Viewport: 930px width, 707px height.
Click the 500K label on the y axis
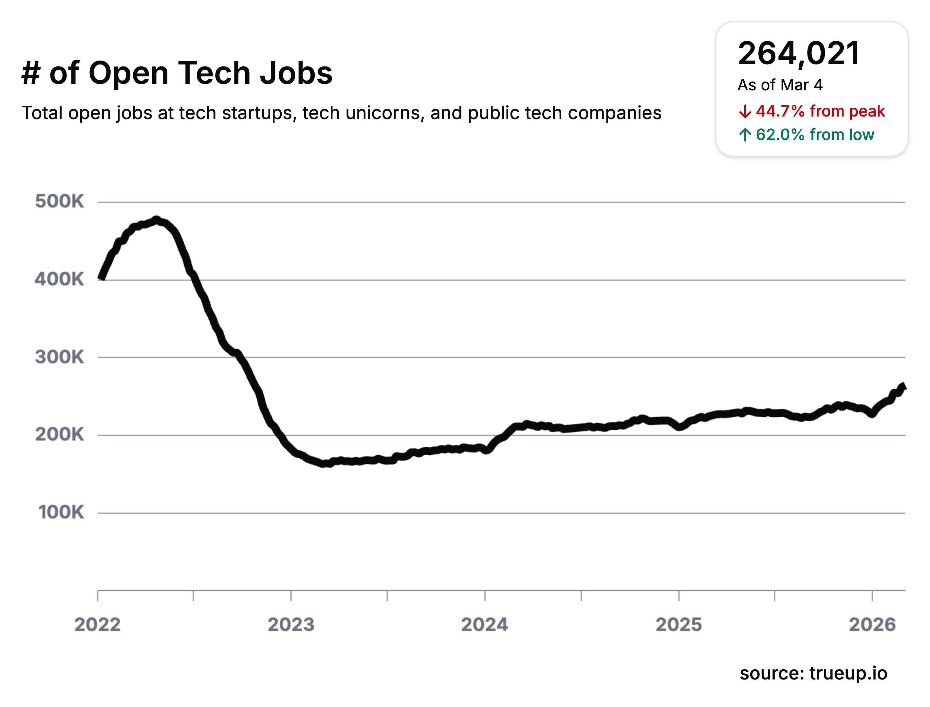[59, 201]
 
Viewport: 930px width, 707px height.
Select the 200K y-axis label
[59, 434]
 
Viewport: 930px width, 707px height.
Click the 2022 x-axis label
[97, 625]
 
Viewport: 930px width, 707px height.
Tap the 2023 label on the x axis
[291, 625]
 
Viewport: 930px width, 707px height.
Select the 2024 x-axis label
[485, 625]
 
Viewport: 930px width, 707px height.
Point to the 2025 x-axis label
[679, 625]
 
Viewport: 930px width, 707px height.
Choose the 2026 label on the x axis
[872, 625]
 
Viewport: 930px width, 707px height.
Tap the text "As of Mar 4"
[780, 85]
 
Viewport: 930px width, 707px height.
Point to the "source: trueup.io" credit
[813, 673]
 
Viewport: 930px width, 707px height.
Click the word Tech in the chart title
[214, 73]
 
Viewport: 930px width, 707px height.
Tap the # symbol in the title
[31, 73]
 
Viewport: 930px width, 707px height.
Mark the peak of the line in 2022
[156, 220]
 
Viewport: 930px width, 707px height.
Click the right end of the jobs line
[903, 387]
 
